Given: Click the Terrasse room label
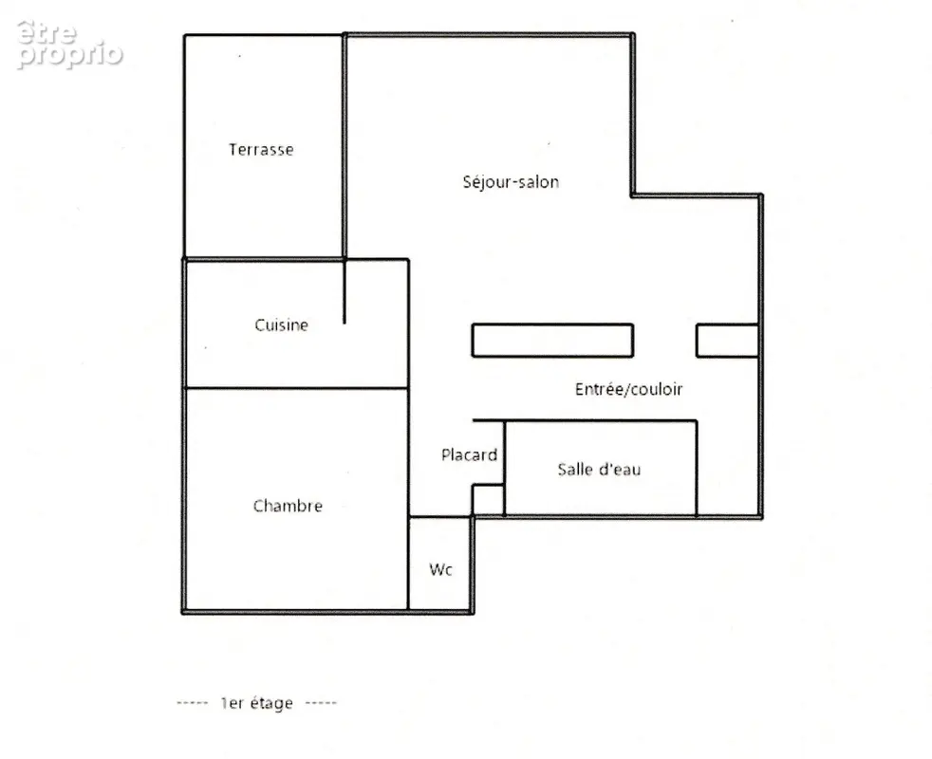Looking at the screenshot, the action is tap(261, 149).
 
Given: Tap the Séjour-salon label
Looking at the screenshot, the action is tap(511, 181).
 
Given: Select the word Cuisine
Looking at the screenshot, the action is tap(281, 325).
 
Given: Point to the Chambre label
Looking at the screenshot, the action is tap(288, 506).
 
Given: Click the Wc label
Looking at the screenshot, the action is tap(440, 569).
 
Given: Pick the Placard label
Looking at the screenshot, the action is tap(469, 454).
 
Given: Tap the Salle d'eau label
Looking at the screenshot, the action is tap(599, 469).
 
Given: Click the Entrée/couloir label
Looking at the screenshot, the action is tap(628, 389).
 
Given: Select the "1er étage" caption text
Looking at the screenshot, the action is tap(257, 703).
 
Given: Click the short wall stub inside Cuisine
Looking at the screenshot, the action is tap(345, 292).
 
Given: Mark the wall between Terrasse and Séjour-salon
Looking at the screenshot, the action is tap(345, 147).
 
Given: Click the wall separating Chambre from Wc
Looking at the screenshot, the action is tap(408, 564).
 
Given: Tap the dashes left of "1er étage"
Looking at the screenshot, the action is tap(193, 703).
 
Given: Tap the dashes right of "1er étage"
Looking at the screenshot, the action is tap(321, 703).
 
